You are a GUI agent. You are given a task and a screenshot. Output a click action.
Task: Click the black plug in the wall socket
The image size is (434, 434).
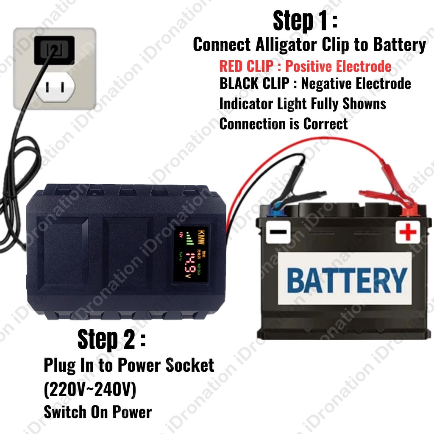tap(54, 50)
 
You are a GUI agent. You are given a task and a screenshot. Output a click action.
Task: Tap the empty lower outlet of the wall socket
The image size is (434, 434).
tap(55, 88)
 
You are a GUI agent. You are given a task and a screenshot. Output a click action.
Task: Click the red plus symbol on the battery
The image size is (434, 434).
tap(408, 232)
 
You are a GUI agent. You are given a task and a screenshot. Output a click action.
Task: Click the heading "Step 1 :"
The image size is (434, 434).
tap(305, 21)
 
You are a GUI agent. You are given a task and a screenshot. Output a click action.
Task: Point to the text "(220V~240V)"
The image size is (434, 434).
tap(90, 390)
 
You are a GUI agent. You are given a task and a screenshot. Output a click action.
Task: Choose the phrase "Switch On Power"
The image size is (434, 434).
tap(97, 412)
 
